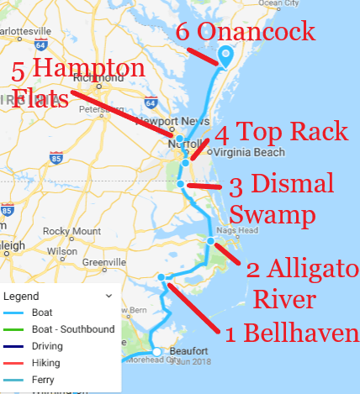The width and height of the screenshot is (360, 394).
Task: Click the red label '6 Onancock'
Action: (x=245, y=33)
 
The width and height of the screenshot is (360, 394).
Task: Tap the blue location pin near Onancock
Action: (x=225, y=56)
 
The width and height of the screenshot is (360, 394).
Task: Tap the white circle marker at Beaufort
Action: (x=156, y=351)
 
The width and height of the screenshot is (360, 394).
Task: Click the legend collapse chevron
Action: (x=108, y=296)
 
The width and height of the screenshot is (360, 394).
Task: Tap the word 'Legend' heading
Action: (x=21, y=297)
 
